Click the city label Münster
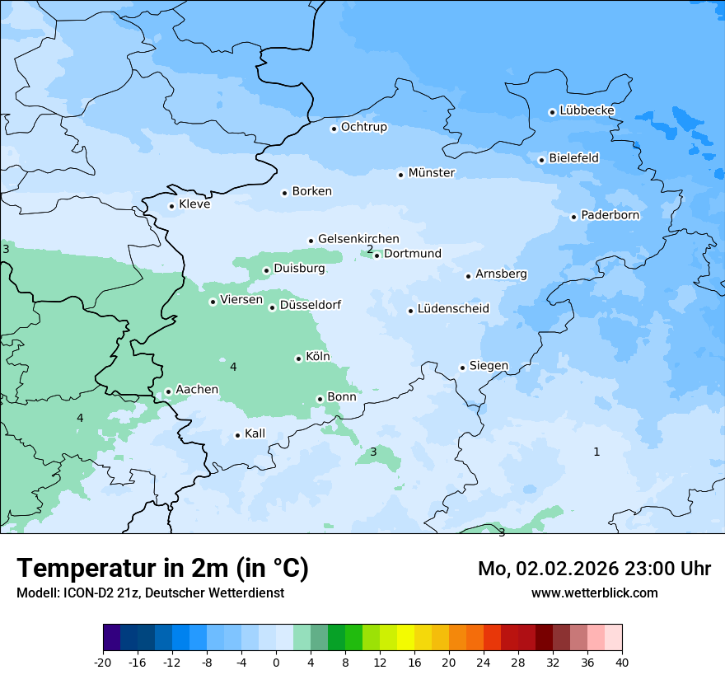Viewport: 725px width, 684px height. [432, 173]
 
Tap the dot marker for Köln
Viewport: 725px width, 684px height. [298, 358]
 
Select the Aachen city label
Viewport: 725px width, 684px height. [197, 390]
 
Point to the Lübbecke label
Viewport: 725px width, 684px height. [587, 110]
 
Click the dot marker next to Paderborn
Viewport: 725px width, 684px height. [573, 217]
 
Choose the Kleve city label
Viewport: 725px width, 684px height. [194, 204]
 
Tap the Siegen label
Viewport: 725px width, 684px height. [489, 366]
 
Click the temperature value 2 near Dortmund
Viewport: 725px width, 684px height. [370, 249]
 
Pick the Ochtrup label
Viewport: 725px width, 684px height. [363, 127]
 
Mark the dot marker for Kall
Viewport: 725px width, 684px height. [237, 435]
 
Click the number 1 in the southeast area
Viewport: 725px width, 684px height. [596, 452]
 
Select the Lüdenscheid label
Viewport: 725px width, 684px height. [453, 309]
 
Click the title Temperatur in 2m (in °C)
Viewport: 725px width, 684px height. [162, 568]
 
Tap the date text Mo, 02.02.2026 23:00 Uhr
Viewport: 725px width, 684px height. [594, 569]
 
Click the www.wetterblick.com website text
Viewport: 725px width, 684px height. [594, 593]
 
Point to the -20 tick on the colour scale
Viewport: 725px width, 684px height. [103, 663]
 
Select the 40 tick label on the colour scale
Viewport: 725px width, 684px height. [622, 663]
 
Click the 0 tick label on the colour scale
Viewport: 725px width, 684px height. [276, 663]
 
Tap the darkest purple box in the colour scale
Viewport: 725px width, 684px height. [111, 638]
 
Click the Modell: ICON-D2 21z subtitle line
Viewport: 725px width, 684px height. [150, 593]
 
